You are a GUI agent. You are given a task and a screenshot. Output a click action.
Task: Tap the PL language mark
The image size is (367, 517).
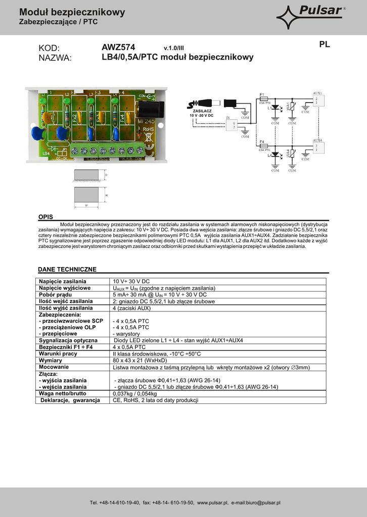(x=325, y=44)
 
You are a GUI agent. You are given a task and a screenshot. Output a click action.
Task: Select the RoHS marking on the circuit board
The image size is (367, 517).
(x=148, y=130)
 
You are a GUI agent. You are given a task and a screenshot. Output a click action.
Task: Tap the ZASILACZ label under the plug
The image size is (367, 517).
(x=202, y=111)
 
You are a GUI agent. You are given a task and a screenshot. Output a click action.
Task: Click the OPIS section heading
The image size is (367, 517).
(x=45, y=217)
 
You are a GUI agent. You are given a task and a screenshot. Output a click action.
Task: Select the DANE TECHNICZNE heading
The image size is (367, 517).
(x=67, y=269)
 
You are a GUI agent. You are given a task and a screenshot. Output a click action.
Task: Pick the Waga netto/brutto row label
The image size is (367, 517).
(x=63, y=393)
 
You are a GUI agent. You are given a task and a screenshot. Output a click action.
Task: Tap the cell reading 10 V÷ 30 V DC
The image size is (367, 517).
(x=131, y=281)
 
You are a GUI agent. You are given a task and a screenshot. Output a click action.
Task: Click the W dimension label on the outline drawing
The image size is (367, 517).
(x=86, y=206)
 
